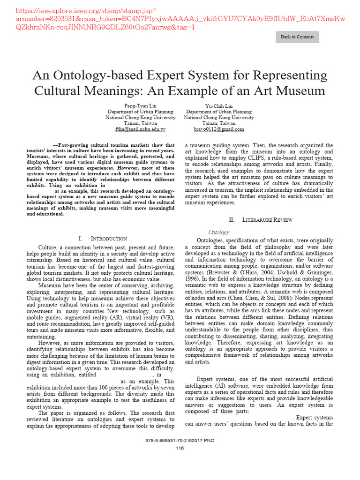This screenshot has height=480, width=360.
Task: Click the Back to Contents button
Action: click(297, 37)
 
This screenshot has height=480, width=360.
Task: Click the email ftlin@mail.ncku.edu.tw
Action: click(140, 129)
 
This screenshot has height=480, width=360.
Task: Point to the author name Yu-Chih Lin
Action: click(219, 106)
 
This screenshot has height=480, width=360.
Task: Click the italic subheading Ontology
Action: click(218, 232)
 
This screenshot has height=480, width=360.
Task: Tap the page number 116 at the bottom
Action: click(180, 448)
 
